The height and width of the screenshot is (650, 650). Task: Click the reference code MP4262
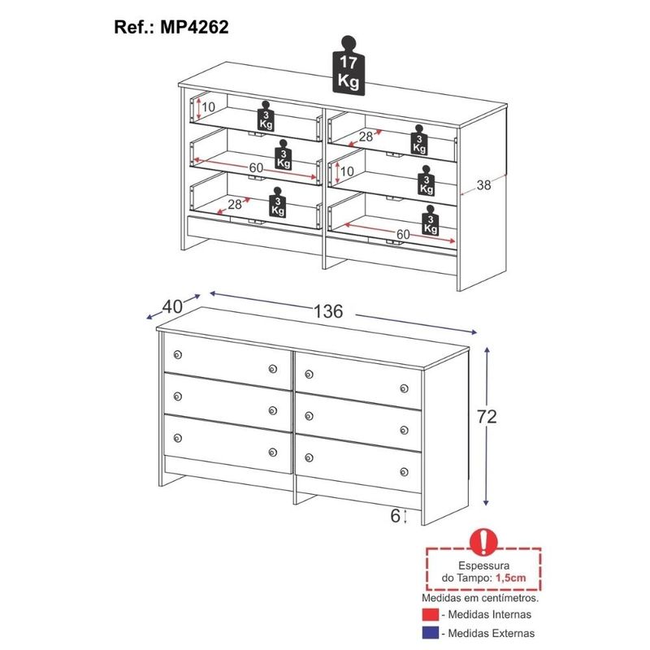point(194,28)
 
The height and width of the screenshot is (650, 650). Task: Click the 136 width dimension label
point(328,311)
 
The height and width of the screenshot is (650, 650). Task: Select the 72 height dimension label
point(487,416)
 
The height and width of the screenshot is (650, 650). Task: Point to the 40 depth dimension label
point(172,306)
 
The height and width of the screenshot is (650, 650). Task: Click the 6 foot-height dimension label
point(395,516)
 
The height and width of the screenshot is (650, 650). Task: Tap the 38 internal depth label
point(483,185)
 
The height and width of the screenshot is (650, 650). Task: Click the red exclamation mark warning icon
point(483,542)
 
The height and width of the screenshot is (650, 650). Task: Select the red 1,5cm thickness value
point(511,578)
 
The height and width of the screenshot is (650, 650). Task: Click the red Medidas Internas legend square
point(431,614)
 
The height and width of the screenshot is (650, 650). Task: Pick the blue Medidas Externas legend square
point(431,633)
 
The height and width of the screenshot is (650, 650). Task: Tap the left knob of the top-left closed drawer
point(178,354)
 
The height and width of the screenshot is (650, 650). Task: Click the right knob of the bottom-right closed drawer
point(404,472)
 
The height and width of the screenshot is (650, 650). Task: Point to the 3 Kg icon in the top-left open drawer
point(266,115)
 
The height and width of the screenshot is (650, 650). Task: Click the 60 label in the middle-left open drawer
point(256,167)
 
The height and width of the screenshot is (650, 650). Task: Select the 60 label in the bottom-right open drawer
point(403,234)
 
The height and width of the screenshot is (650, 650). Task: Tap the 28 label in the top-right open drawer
point(366,136)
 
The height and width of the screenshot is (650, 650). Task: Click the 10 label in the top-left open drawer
point(208,107)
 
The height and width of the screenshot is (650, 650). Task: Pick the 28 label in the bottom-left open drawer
point(235,204)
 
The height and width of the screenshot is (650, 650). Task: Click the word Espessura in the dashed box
point(483,565)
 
